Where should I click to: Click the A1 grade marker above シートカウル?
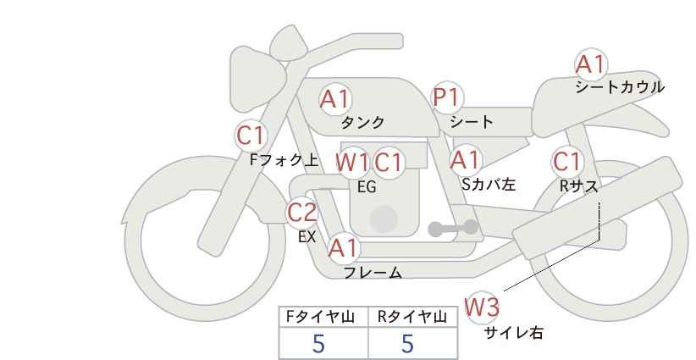click(590, 64)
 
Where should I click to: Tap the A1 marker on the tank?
click(335, 99)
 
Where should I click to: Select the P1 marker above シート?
click(447, 97)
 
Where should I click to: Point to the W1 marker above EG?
click(351, 162)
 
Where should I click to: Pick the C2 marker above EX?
click(302, 212)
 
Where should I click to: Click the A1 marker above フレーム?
click(343, 247)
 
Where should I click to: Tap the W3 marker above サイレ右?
click(482, 307)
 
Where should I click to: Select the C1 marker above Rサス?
click(566, 162)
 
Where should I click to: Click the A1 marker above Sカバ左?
click(465, 160)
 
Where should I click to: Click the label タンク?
click(362, 123)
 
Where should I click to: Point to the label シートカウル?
click(620, 87)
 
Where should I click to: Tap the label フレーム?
click(373, 272)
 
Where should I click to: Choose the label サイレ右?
click(514, 333)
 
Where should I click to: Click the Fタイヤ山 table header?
click(320, 317)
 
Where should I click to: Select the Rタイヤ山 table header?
click(412, 317)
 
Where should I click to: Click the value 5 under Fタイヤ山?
click(318, 344)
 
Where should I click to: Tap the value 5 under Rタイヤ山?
click(407, 344)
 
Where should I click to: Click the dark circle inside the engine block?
click(384, 219)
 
